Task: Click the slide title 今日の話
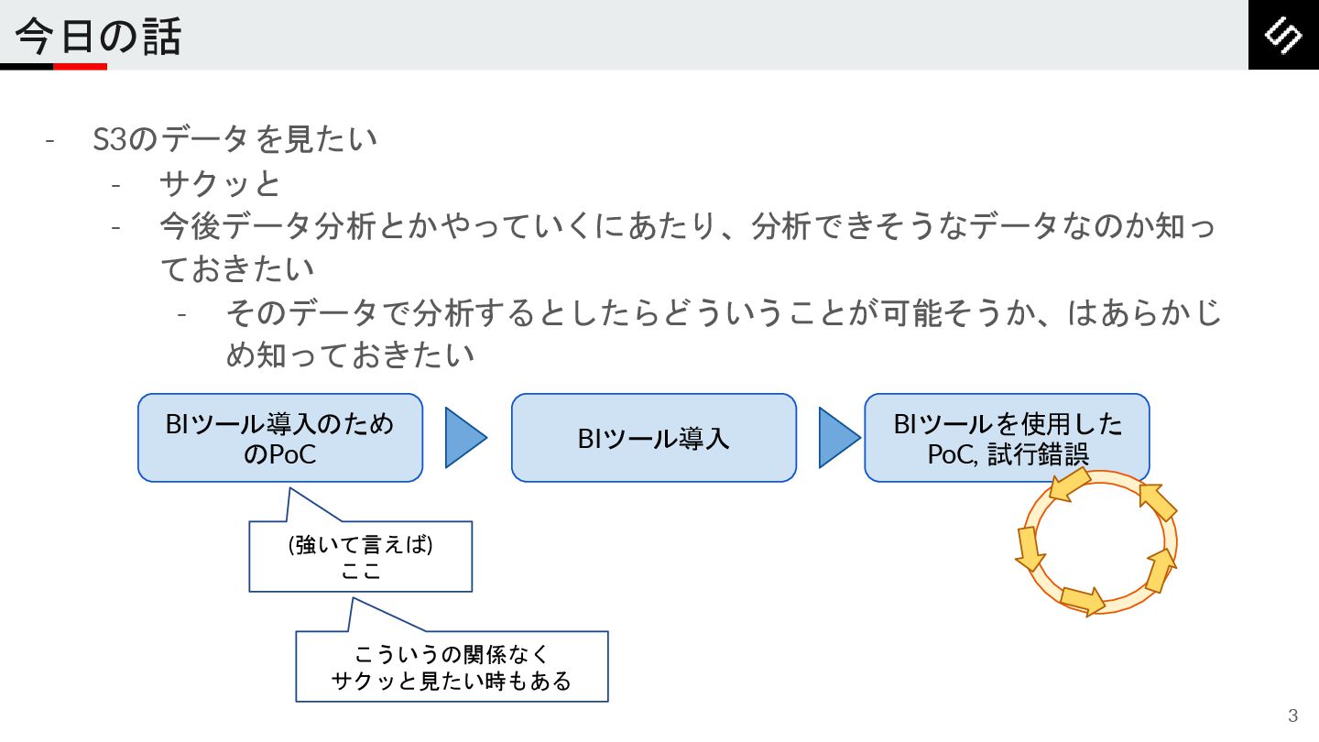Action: click(98, 37)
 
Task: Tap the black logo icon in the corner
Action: click(1283, 35)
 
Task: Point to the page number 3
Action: click(1292, 715)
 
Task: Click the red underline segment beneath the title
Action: click(80, 66)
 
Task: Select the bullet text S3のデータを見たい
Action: click(235, 140)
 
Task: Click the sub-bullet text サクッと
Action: click(220, 184)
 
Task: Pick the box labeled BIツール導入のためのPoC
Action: click(280, 438)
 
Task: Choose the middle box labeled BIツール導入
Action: click(653, 438)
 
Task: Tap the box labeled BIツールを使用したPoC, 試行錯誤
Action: click(1007, 438)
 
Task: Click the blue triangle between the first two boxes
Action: click(463, 438)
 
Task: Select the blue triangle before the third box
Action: click(837, 438)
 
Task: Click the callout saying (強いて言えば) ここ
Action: click(360, 557)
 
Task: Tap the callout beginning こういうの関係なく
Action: click(452, 667)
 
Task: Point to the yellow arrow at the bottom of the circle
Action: click(1083, 600)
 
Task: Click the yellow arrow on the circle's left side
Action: click(1030, 548)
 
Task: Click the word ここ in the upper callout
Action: click(360, 572)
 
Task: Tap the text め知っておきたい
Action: click(350, 355)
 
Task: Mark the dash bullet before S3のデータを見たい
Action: click(50, 140)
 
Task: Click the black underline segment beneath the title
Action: click(27, 66)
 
